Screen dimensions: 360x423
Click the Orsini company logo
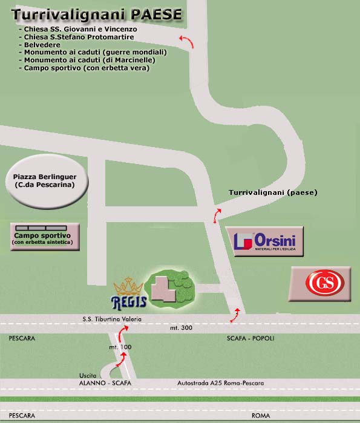click(264, 241)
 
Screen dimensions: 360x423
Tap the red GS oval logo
click(325, 283)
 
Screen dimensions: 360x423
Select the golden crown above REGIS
click(128, 287)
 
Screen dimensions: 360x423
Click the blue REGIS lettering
click(129, 303)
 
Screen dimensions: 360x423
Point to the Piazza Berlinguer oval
click(47, 182)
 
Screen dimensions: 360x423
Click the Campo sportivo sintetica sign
click(45, 237)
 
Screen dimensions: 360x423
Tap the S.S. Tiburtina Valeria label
click(112, 319)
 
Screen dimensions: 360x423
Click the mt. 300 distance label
click(182, 328)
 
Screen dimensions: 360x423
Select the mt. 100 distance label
click(120, 347)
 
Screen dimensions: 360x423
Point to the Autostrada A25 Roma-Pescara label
click(221, 383)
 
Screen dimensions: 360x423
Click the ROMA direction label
click(261, 416)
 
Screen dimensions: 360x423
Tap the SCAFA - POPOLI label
click(250, 338)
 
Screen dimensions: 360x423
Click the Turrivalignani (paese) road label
click(273, 192)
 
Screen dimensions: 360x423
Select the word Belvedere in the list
click(42, 45)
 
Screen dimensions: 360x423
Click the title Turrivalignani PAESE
click(97, 15)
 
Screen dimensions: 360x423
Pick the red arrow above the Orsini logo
click(217, 215)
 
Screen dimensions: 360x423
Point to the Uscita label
click(88, 376)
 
